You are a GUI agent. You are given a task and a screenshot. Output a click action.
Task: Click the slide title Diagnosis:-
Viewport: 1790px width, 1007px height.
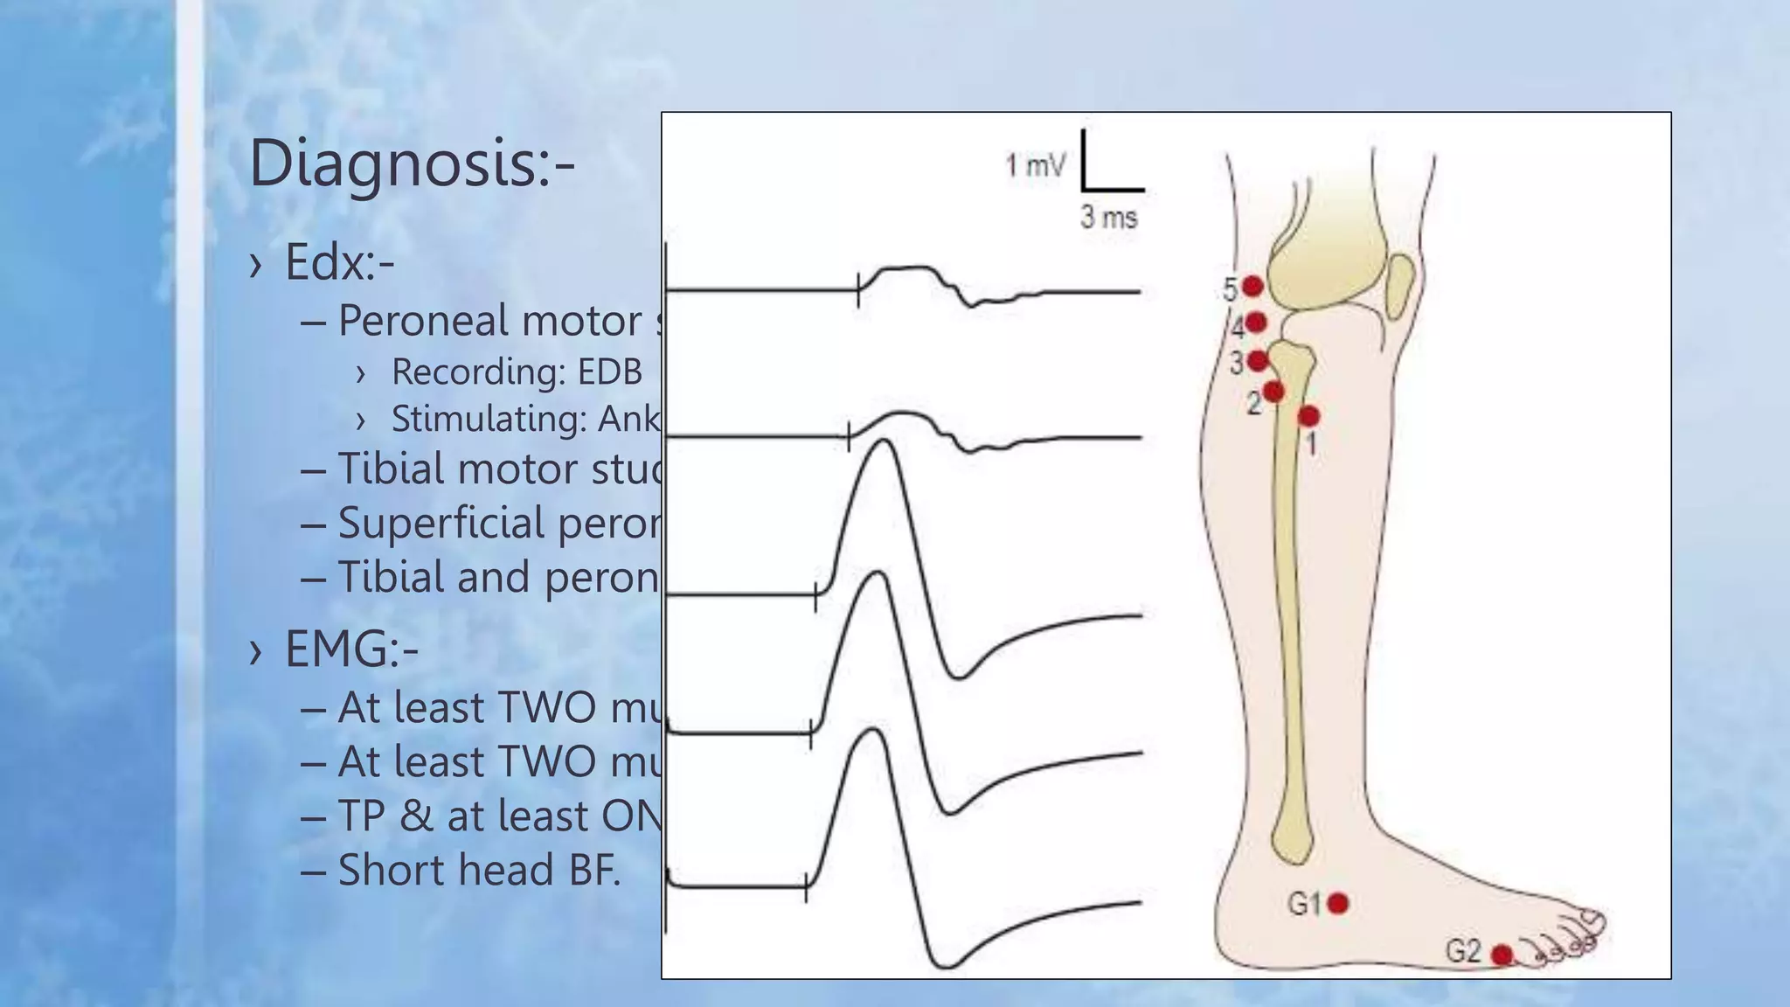click(x=412, y=163)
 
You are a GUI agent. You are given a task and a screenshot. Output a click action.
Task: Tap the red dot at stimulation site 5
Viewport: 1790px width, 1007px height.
click(x=1252, y=286)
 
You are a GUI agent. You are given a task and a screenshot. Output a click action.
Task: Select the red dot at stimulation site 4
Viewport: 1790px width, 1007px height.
click(x=1256, y=323)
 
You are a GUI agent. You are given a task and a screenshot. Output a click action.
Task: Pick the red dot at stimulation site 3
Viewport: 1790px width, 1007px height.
click(x=1258, y=360)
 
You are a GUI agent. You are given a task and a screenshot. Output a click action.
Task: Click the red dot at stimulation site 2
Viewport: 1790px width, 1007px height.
click(x=1273, y=391)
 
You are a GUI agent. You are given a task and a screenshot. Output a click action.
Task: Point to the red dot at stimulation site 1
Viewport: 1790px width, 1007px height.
click(x=1308, y=416)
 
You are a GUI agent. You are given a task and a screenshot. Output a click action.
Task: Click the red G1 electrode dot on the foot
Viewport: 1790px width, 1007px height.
click(x=1337, y=903)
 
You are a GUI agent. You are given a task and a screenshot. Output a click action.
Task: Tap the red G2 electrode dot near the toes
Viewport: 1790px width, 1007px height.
click(x=1502, y=955)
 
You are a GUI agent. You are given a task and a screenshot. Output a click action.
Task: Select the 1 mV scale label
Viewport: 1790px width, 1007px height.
click(x=1035, y=164)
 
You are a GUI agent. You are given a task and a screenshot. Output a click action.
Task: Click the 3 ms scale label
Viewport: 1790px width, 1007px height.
click(x=1108, y=217)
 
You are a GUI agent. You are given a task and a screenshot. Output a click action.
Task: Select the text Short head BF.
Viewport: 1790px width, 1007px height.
click(x=479, y=870)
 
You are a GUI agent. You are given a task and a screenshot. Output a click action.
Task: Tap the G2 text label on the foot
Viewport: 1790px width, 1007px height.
click(x=1463, y=950)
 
